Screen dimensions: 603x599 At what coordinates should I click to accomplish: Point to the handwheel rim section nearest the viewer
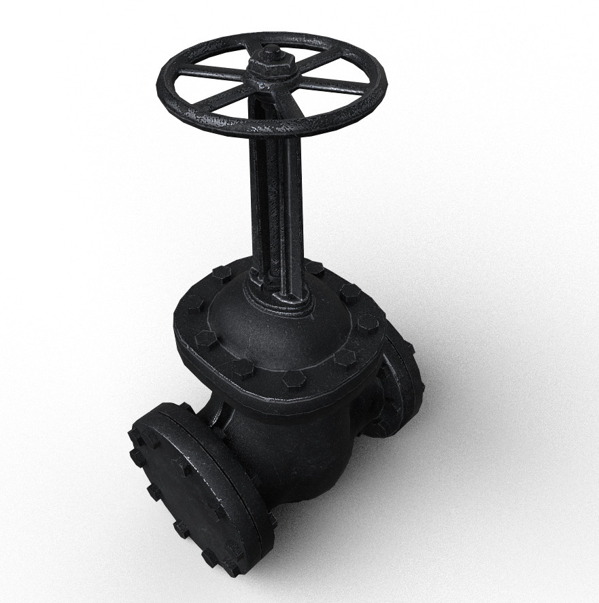point(272,126)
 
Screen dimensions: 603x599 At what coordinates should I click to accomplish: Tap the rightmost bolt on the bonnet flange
point(368,322)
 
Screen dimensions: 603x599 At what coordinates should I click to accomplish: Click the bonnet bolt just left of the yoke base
point(222,274)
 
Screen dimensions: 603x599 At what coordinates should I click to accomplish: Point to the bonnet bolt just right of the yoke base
point(314,268)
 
